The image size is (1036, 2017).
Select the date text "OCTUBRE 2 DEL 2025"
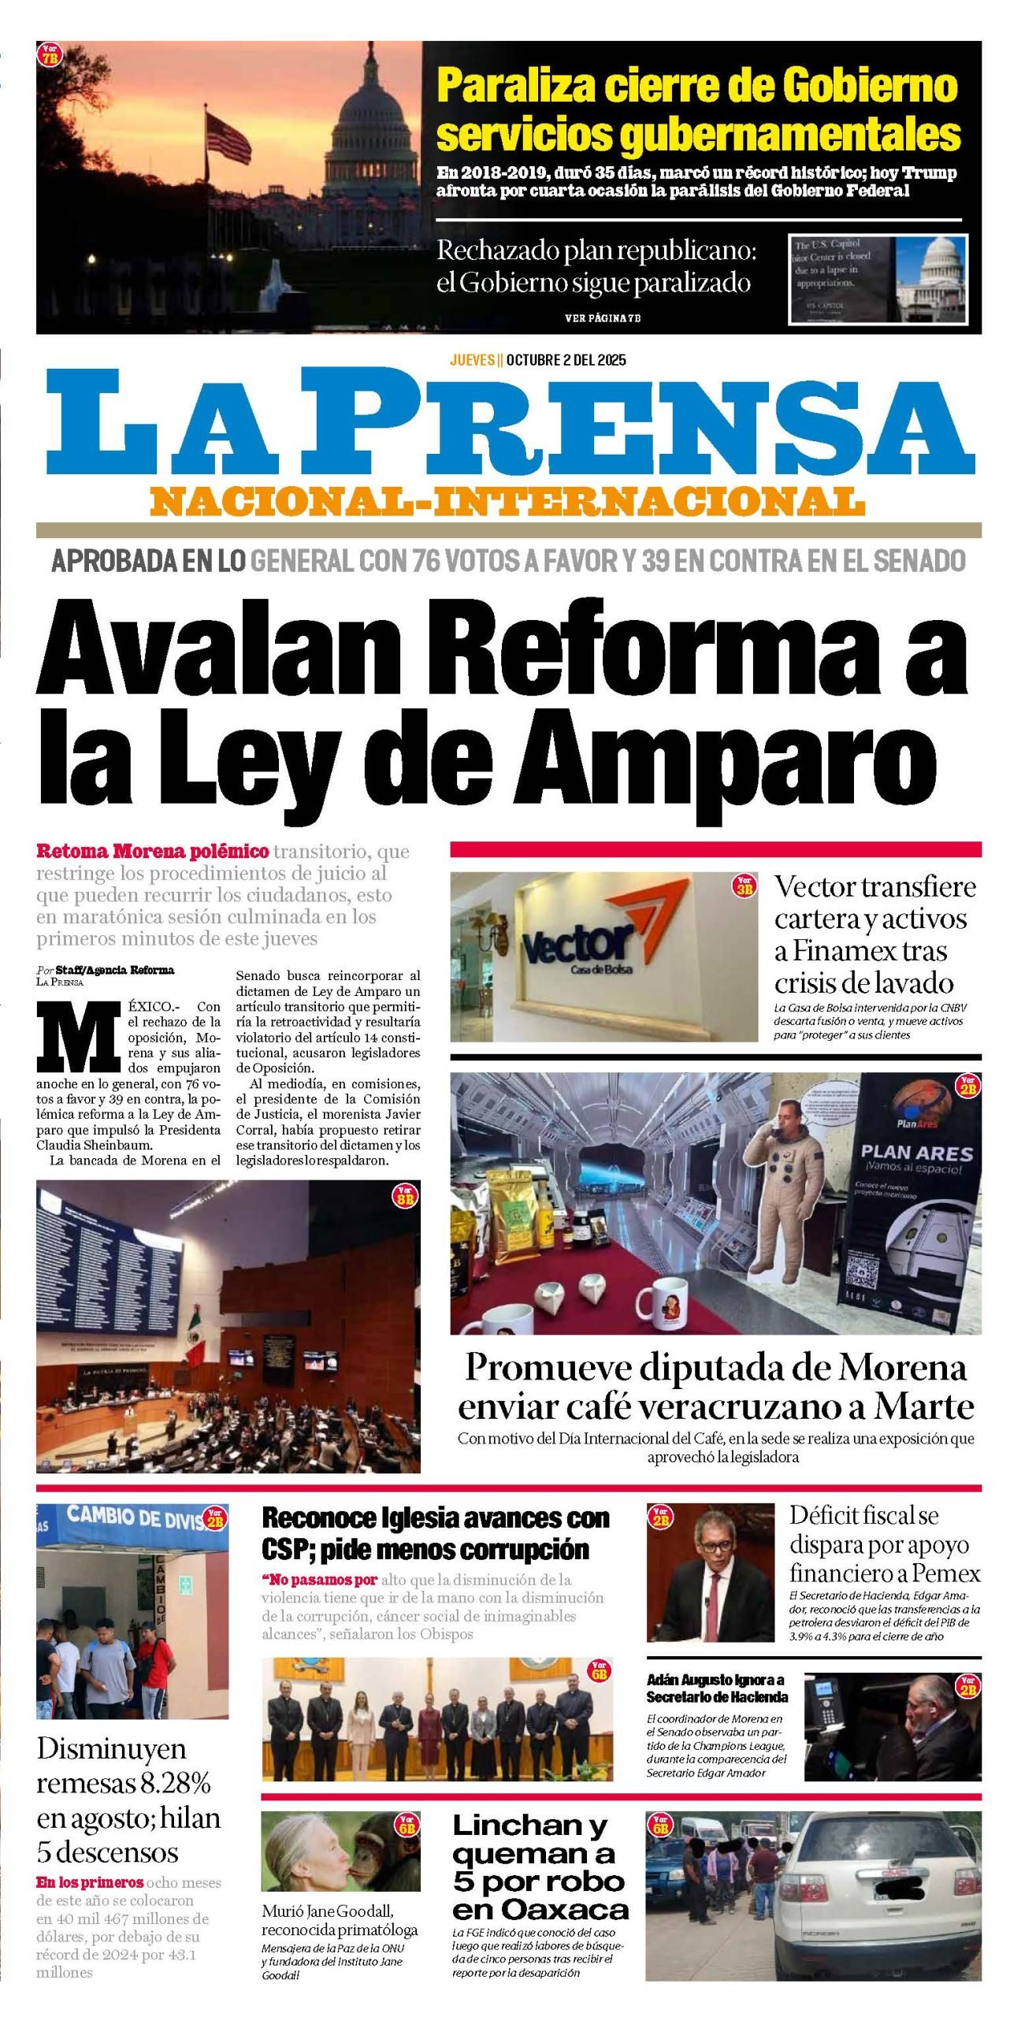[x=566, y=360]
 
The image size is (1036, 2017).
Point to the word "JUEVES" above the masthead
[x=472, y=360]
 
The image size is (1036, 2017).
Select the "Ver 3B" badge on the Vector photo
[x=744, y=885]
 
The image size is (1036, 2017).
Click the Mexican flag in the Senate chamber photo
[x=194, y=1338]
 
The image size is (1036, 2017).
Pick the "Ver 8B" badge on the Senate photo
[x=405, y=1196]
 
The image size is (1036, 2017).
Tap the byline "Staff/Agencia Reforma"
[x=114, y=970]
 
